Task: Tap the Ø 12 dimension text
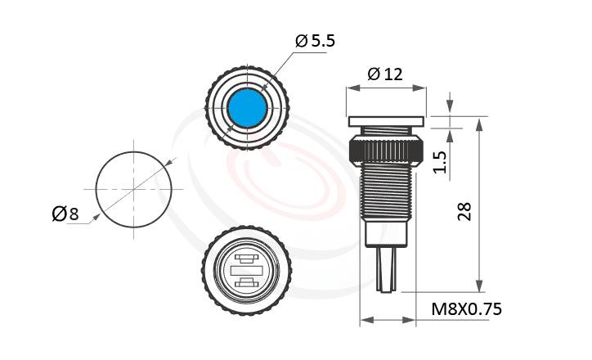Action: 385,74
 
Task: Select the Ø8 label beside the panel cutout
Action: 65,214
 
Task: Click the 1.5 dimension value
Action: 439,161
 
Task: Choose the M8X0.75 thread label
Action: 465,308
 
